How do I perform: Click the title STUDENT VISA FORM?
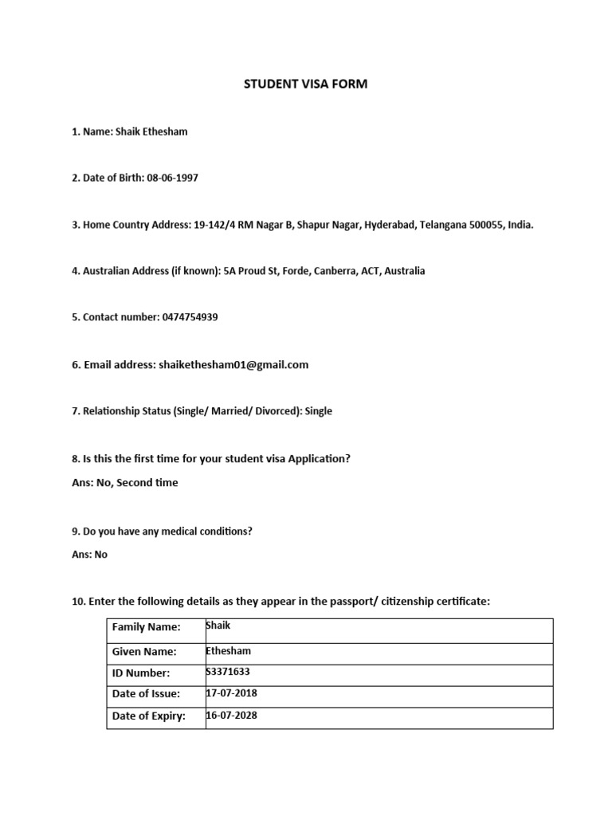click(x=305, y=84)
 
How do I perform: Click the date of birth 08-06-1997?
click(x=172, y=178)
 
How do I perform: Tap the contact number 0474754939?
click(x=190, y=317)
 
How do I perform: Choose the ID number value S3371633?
click(x=228, y=673)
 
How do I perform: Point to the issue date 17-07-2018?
click(x=232, y=693)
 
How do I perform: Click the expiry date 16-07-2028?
click(x=232, y=715)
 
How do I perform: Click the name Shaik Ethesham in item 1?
click(x=151, y=131)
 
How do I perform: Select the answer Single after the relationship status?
click(x=319, y=411)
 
